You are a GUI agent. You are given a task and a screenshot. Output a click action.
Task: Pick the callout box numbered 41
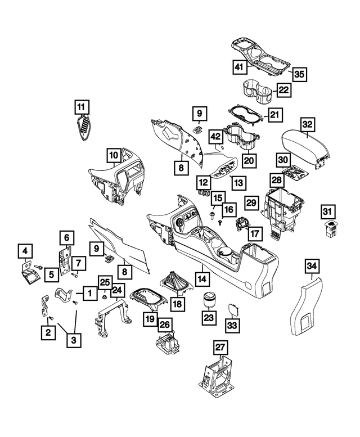239,67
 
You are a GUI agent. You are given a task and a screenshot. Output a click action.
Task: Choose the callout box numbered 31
328,211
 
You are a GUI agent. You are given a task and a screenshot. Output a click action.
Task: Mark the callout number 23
209,318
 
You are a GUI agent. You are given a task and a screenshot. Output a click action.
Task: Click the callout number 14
201,278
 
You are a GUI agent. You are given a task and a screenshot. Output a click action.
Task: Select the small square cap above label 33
232,308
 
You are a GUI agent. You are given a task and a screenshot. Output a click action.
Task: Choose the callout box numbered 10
114,154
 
